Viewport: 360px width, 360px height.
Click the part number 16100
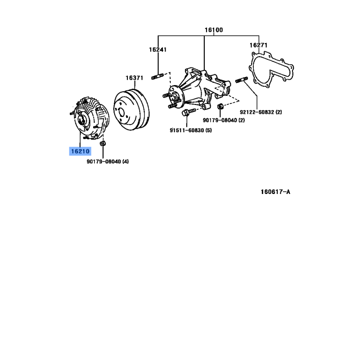[x=213, y=30]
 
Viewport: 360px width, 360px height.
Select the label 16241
[x=158, y=49]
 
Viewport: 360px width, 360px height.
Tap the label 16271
[x=258, y=45]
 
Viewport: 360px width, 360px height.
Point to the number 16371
[x=134, y=78]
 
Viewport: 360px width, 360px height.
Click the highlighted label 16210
[x=80, y=151]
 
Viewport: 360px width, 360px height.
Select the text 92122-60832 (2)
[x=261, y=112]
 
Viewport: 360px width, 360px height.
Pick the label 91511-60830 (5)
[x=190, y=130]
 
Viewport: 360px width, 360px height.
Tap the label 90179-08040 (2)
[x=224, y=120]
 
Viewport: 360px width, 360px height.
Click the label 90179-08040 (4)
[x=108, y=162]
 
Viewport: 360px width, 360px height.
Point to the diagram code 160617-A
[x=275, y=192]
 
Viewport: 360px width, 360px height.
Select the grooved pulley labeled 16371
[x=131, y=109]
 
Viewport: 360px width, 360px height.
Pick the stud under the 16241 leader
[x=157, y=76]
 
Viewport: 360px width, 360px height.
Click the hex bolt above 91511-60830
[x=188, y=112]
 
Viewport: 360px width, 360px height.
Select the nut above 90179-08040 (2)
[x=220, y=107]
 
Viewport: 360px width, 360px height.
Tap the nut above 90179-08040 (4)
[x=103, y=144]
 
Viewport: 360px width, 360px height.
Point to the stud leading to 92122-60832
[x=242, y=80]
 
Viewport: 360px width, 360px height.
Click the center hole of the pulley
[x=121, y=113]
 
